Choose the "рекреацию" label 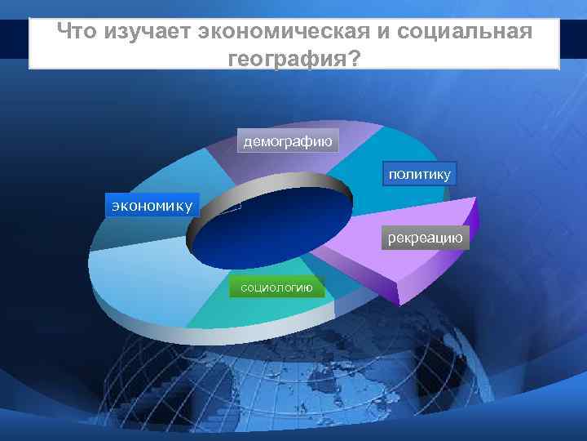pyautogui.click(x=425, y=238)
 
